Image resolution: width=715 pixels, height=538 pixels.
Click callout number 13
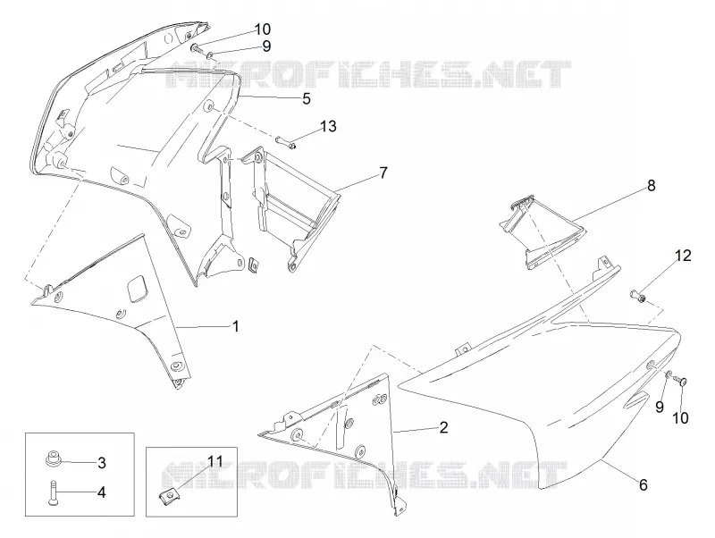point(328,126)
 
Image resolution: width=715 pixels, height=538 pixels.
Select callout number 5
point(307,98)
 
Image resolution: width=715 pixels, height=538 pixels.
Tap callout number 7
point(383,172)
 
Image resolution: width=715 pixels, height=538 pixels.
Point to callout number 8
point(652,186)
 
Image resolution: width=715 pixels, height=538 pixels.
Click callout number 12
point(683,256)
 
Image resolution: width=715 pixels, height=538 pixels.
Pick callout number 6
point(643,484)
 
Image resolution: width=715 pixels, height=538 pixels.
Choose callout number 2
point(443,427)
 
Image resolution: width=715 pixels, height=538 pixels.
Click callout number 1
point(236,326)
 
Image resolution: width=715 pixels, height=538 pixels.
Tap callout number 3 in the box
point(102,463)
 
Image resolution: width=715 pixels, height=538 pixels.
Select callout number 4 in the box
point(102,492)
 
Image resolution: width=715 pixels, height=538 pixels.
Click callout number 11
point(215,461)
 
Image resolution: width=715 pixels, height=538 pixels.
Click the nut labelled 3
point(53,458)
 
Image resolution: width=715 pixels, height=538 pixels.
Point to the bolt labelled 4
point(52,493)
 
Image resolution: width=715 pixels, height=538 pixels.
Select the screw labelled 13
point(285,142)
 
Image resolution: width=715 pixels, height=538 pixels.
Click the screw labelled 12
point(638,296)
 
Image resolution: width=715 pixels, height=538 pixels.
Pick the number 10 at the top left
point(262,29)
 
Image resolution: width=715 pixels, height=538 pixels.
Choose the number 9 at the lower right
point(660,407)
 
